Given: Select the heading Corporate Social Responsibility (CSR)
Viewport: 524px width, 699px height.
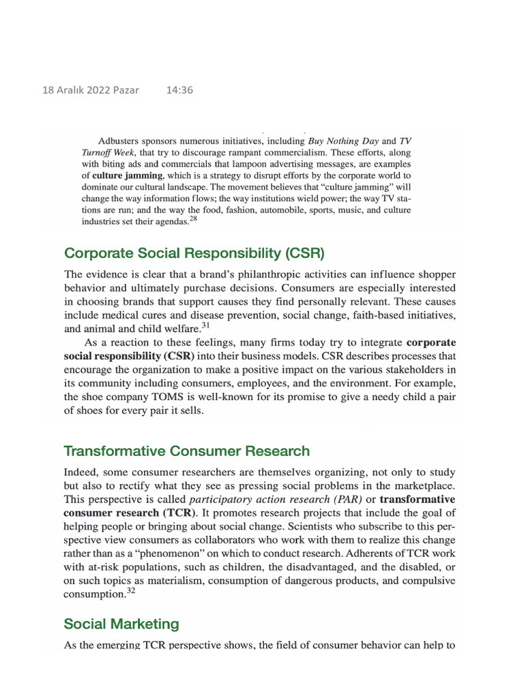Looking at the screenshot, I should point(194,253).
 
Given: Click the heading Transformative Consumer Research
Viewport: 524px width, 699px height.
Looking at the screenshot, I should point(186,451).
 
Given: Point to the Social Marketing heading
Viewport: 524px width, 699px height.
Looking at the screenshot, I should point(121,624).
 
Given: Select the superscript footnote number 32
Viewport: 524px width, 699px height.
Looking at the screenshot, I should point(132,592).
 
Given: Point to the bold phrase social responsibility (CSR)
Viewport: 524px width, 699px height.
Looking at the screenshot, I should point(129,356).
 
